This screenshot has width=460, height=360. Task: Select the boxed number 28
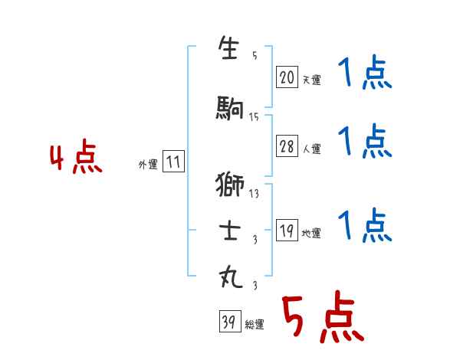point(287,147)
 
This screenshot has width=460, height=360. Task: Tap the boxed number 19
point(287,231)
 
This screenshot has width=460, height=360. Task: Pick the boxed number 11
point(173,162)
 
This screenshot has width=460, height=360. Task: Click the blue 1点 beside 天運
point(364,75)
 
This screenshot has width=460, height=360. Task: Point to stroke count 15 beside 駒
point(254,117)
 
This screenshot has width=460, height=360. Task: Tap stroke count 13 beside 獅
point(254,194)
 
